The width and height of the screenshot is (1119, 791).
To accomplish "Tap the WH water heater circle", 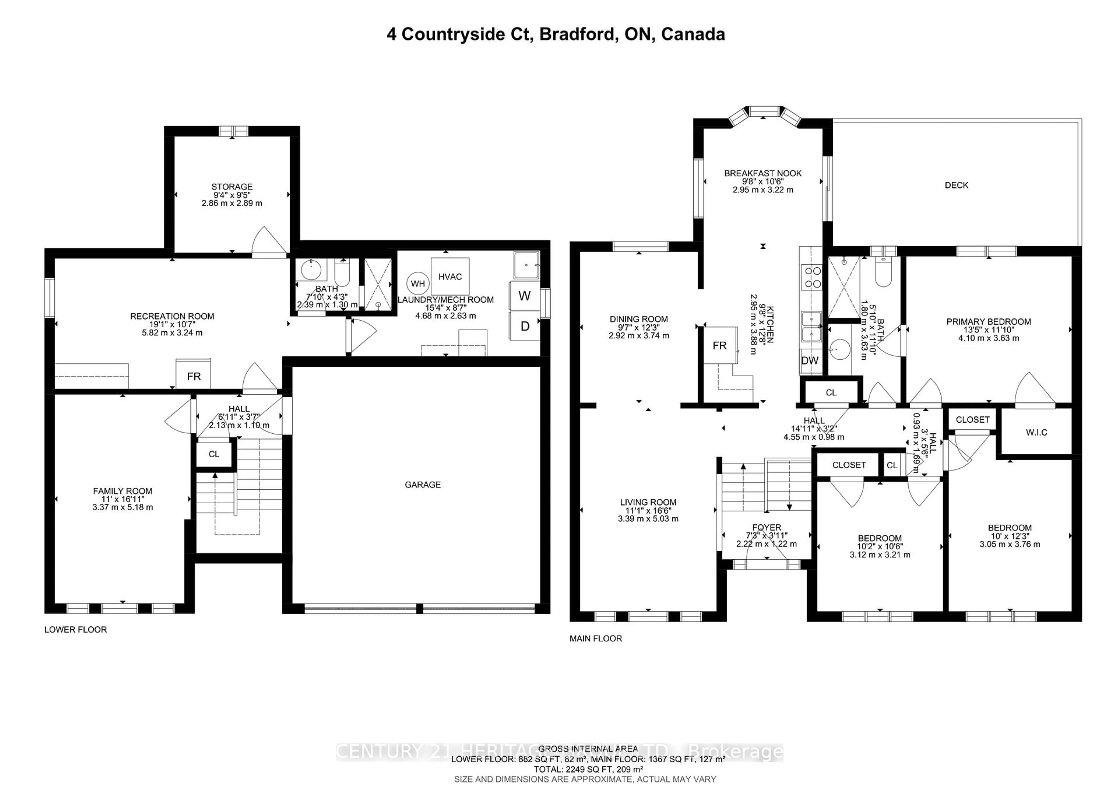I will pyautogui.click(x=418, y=284).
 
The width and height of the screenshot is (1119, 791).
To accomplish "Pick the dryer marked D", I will pyautogui.click(x=525, y=326).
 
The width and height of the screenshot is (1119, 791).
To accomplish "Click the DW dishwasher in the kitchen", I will pyautogui.click(x=810, y=361).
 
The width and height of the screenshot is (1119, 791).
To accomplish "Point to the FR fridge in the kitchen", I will pyautogui.click(x=719, y=346).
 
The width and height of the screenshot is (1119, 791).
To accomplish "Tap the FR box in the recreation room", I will pyautogui.click(x=193, y=376).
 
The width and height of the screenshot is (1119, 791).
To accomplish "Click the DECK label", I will pyautogui.click(x=956, y=185).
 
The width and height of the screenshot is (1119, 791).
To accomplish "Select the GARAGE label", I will pyautogui.click(x=423, y=484).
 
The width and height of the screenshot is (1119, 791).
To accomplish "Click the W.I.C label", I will pyautogui.click(x=1036, y=432).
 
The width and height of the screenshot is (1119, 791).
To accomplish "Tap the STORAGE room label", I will pyautogui.click(x=232, y=187).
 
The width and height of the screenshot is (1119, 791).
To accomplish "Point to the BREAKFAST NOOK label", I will pyautogui.click(x=763, y=173).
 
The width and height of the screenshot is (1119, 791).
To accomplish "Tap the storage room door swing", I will pyautogui.click(x=269, y=241).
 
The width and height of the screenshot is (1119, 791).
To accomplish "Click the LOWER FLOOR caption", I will pyautogui.click(x=75, y=629).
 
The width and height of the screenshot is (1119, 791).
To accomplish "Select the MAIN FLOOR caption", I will pyautogui.click(x=596, y=639).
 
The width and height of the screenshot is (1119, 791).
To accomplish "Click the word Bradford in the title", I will pyautogui.click(x=577, y=34).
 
